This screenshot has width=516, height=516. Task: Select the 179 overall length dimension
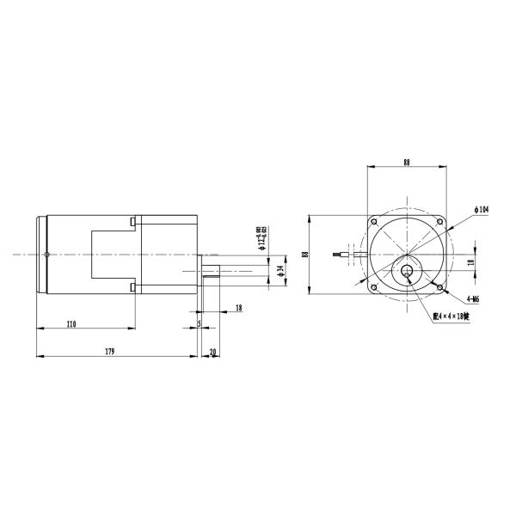click(109, 351)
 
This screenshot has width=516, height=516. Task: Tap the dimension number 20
click(212, 351)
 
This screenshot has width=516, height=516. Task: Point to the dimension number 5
click(199, 323)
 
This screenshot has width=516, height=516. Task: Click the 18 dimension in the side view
click(237, 307)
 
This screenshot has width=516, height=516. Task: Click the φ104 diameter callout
click(481, 209)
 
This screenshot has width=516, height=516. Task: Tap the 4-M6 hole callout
click(472, 298)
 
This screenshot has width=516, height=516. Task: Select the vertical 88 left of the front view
click(304, 254)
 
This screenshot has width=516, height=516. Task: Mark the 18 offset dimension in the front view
click(470, 262)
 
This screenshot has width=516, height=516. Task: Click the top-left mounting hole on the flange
click(373, 222)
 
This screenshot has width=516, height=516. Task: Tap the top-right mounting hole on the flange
click(439, 222)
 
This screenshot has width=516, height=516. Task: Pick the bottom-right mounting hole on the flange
click(439, 287)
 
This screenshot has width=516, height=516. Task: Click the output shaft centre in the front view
click(406, 273)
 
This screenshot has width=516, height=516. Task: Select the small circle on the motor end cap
click(48, 254)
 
